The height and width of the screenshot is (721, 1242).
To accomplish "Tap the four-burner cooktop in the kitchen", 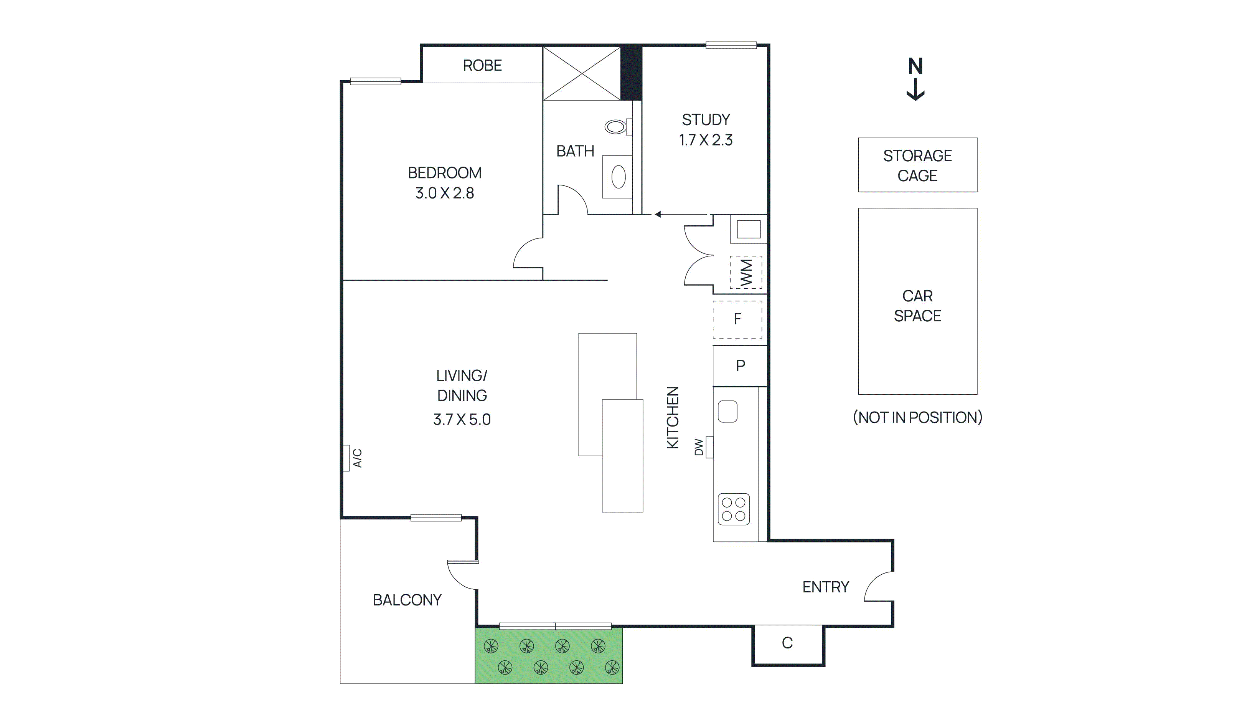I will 733,509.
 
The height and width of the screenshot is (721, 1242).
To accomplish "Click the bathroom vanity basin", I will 619,177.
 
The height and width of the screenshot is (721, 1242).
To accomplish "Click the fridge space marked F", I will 737,319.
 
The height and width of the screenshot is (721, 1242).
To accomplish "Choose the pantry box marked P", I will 740,366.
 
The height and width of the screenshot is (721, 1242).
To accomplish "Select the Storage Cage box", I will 917,165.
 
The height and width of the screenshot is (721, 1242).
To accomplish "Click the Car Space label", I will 917,306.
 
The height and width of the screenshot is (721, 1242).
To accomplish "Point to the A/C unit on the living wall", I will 346,458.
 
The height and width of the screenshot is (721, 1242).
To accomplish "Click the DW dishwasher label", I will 699,447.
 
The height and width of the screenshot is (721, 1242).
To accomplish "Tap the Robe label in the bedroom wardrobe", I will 482,66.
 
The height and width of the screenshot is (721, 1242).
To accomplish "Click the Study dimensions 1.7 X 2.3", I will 706,141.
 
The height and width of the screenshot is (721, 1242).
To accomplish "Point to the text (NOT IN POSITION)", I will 917,418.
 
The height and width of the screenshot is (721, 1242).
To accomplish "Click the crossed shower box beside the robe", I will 582,73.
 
